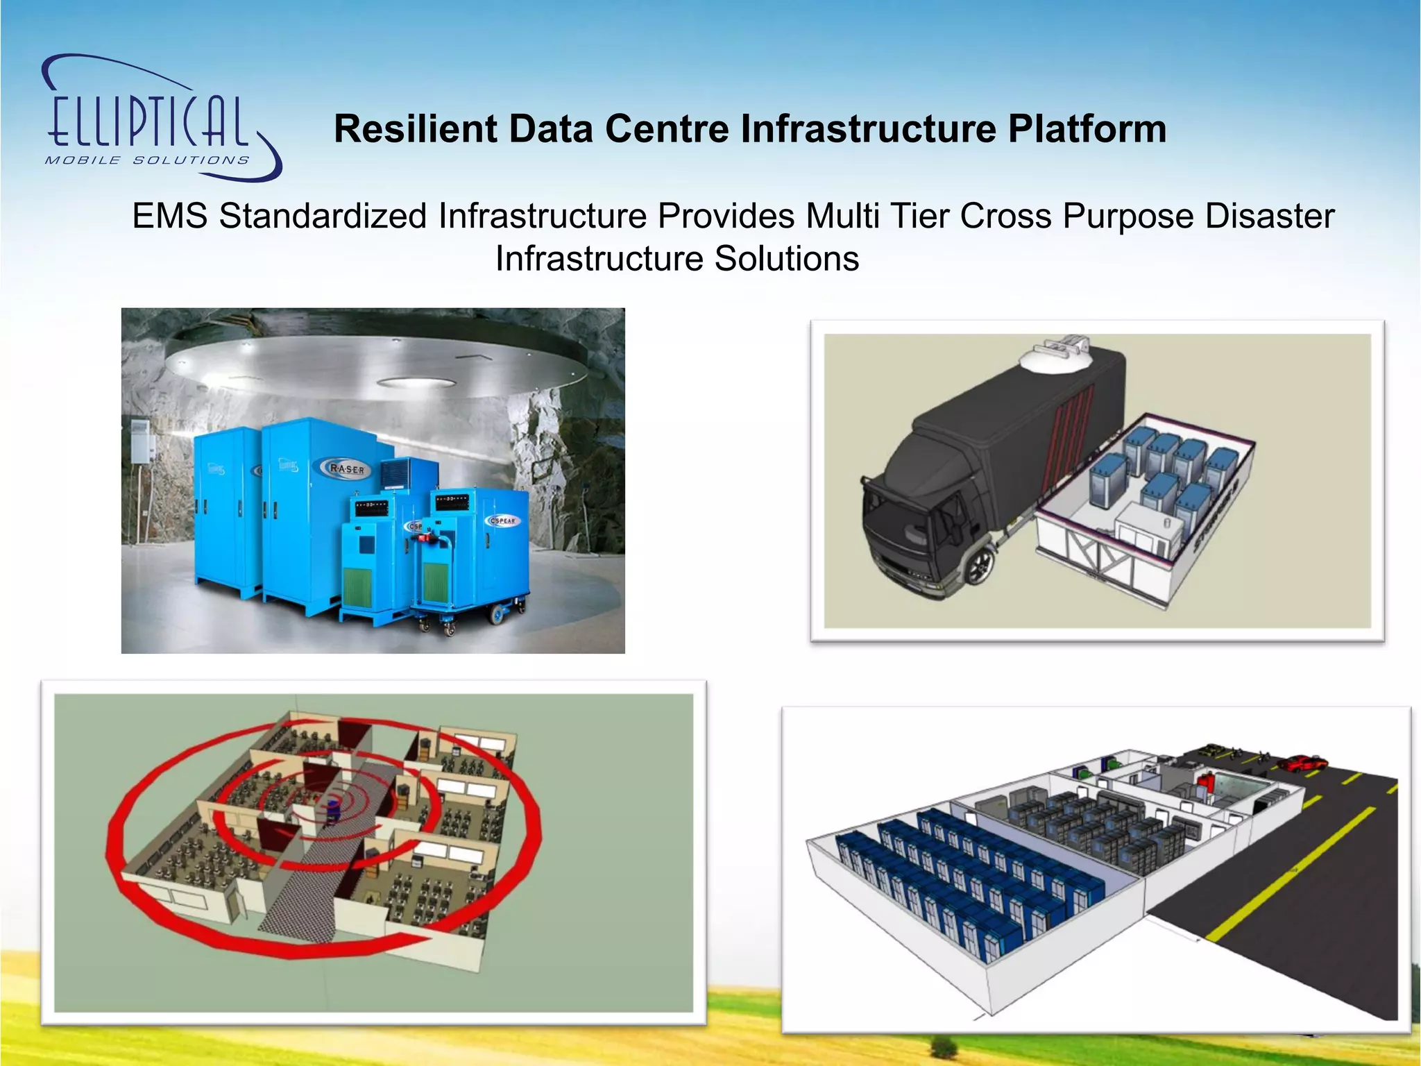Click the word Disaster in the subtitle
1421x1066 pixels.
click(1269, 216)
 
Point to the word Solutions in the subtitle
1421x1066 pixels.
click(787, 259)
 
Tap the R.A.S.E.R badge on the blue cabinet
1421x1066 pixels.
click(348, 469)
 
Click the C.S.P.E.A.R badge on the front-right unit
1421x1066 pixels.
click(503, 521)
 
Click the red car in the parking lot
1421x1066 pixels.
click(1302, 763)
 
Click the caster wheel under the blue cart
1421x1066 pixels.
click(497, 614)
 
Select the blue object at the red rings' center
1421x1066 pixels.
click(334, 808)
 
